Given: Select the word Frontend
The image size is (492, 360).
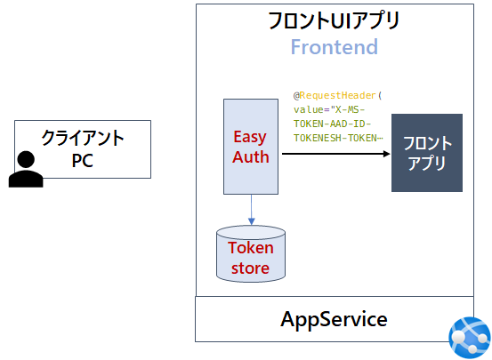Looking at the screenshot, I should pos(335,47).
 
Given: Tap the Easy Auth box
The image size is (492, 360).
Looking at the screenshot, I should pos(251,147).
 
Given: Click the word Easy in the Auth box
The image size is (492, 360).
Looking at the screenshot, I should pos(250,137).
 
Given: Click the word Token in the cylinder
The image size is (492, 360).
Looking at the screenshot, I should pos(251,248).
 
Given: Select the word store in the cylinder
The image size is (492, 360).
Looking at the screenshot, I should pos(251,268).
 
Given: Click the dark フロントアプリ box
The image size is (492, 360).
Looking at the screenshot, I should pos(427,153).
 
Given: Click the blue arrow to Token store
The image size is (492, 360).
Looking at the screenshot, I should pos(251,210).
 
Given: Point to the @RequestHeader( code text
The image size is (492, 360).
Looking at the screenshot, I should pos(337,94).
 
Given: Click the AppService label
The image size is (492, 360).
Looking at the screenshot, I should pos(334,319).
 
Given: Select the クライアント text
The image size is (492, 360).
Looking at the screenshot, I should pos(83,139).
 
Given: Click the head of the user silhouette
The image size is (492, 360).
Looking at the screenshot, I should pos(26,161).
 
